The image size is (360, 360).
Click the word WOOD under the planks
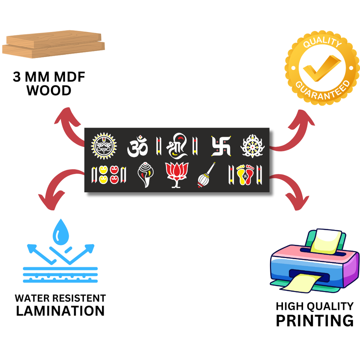click(49, 91)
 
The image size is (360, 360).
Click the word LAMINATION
click(60, 311)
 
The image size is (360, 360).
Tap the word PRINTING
click(314, 321)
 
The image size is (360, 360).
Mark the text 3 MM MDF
click(49, 77)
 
